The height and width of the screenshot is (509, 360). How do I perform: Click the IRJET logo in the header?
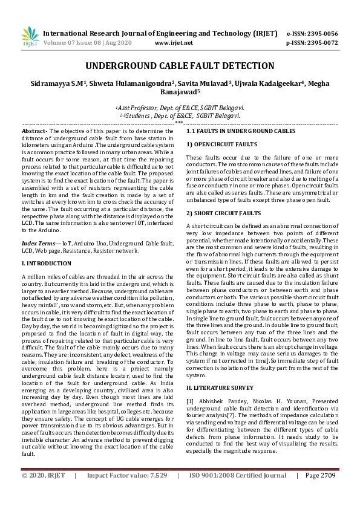point(29,36)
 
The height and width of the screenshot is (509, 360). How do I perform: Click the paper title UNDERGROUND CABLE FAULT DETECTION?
point(180,66)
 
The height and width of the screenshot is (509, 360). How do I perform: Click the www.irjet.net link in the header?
point(174,43)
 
